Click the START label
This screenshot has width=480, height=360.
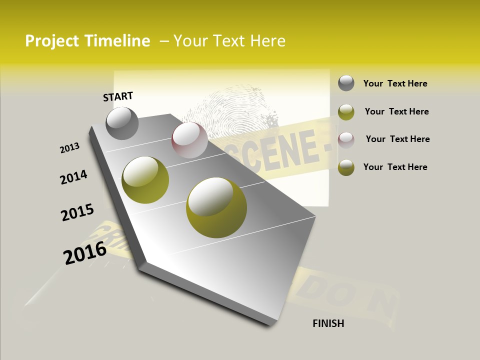click(118, 96)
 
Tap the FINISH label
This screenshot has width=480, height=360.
click(328, 323)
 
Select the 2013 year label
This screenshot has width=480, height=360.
click(69, 148)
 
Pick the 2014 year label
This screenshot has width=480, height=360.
click(73, 177)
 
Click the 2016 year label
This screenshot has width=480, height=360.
click(85, 252)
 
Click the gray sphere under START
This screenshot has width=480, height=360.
click(122, 123)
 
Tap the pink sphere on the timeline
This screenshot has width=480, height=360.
click(189, 140)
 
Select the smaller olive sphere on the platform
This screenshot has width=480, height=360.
click(145, 179)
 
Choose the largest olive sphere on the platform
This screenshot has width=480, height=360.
click(216, 207)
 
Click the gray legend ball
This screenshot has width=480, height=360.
click(346, 83)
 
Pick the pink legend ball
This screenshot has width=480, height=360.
click(346, 140)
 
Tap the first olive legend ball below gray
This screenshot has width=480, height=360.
click(346, 112)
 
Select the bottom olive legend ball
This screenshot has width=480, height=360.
click(346, 167)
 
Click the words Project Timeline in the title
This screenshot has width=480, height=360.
click(87, 41)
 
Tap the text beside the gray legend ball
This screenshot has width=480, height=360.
click(395, 83)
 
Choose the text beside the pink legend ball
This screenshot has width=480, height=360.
click(397, 139)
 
